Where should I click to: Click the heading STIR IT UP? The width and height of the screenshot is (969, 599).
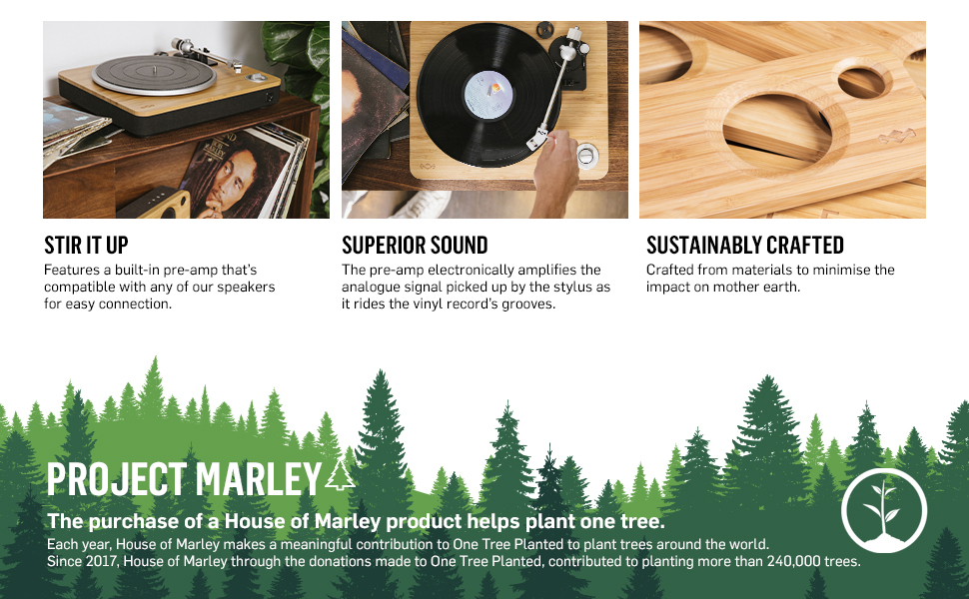(x=86, y=246)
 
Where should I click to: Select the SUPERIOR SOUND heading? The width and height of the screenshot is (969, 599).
(x=415, y=246)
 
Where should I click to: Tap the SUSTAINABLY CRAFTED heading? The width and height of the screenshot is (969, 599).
(x=744, y=246)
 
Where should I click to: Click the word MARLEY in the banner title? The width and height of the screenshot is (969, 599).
(x=259, y=479)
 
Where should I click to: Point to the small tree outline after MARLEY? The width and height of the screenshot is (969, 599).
(x=340, y=476)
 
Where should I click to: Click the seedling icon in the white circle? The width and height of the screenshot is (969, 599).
(x=883, y=509)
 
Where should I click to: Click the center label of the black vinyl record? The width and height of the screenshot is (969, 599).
(x=488, y=95)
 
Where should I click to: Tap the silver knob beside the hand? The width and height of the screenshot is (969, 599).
(x=586, y=155)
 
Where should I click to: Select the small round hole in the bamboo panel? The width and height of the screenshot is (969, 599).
(x=861, y=82)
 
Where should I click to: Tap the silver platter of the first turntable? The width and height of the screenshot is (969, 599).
(x=154, y=75)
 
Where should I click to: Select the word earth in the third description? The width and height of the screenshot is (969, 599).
(x=783, y=288)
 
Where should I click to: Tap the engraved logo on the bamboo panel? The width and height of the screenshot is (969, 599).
(x=897, y=136)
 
